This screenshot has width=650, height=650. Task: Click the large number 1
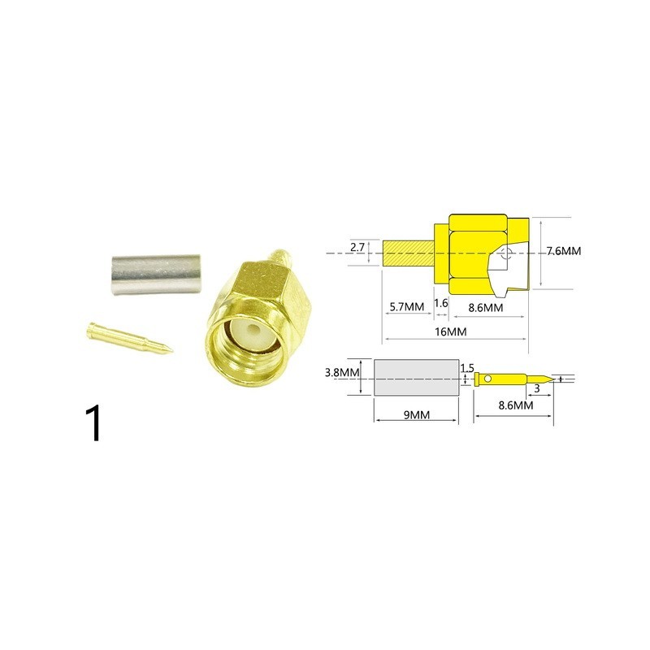tap(93, 422)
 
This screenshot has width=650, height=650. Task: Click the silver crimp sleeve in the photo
tap(155, 275)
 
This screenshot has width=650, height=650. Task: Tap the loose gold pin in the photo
tap(129, 337)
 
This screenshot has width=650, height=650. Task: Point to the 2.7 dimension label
tap(357, 248)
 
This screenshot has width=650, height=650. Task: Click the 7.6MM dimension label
tap(563, 251)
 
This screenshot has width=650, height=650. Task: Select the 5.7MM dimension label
tap(407, 307)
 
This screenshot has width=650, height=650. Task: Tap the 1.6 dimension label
tap(441, 303)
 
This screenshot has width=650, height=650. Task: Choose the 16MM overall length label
tap(451, 331)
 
